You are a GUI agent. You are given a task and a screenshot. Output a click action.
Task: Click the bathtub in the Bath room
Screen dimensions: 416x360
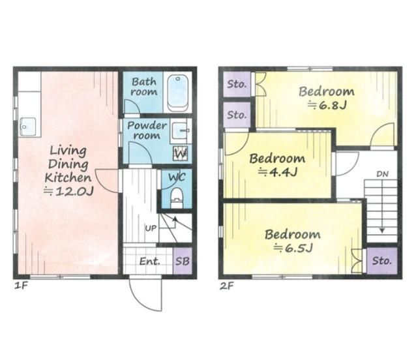click(x=178, y=93)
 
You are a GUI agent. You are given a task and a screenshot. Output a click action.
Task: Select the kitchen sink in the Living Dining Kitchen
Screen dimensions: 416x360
click(x=28, y=127)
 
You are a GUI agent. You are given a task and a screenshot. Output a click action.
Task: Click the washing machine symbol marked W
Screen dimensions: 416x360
click(x=181, y=153)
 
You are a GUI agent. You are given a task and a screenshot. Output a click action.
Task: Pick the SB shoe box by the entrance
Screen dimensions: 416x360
click(x=183, y=261)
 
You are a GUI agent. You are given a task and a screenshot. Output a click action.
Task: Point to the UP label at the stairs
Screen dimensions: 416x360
click(x=151, y=228)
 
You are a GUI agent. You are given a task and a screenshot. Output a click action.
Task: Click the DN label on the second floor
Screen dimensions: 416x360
click(x=382, y=174)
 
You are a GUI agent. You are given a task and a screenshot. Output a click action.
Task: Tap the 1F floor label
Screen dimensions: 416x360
click(x=21, y=286)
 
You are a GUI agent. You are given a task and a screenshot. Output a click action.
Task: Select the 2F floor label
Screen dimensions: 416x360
click(x=226, y=286)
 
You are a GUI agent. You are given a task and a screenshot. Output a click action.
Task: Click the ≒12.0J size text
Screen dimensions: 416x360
click(x=68, y=191)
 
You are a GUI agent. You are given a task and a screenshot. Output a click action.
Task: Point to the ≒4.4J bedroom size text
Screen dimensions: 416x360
click(x=277, y=172)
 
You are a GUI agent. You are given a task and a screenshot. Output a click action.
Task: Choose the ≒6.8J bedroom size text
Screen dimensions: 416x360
click(x=327, y=105)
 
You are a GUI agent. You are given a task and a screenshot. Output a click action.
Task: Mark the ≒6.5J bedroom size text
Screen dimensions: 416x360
click(x=293, y=248)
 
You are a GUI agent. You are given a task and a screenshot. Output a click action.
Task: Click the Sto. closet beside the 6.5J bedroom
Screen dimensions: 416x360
click(x=382, y=261)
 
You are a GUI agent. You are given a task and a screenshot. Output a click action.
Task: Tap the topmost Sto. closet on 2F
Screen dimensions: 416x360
click(x=237, y=84)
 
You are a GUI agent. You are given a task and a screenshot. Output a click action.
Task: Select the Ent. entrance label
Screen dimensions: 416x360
click(x=150, y=262)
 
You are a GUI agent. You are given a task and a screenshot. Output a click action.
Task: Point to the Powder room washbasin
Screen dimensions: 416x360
click(x=179, y=131)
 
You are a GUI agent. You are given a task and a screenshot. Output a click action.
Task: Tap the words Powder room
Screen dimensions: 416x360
click(x=147, y=130)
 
